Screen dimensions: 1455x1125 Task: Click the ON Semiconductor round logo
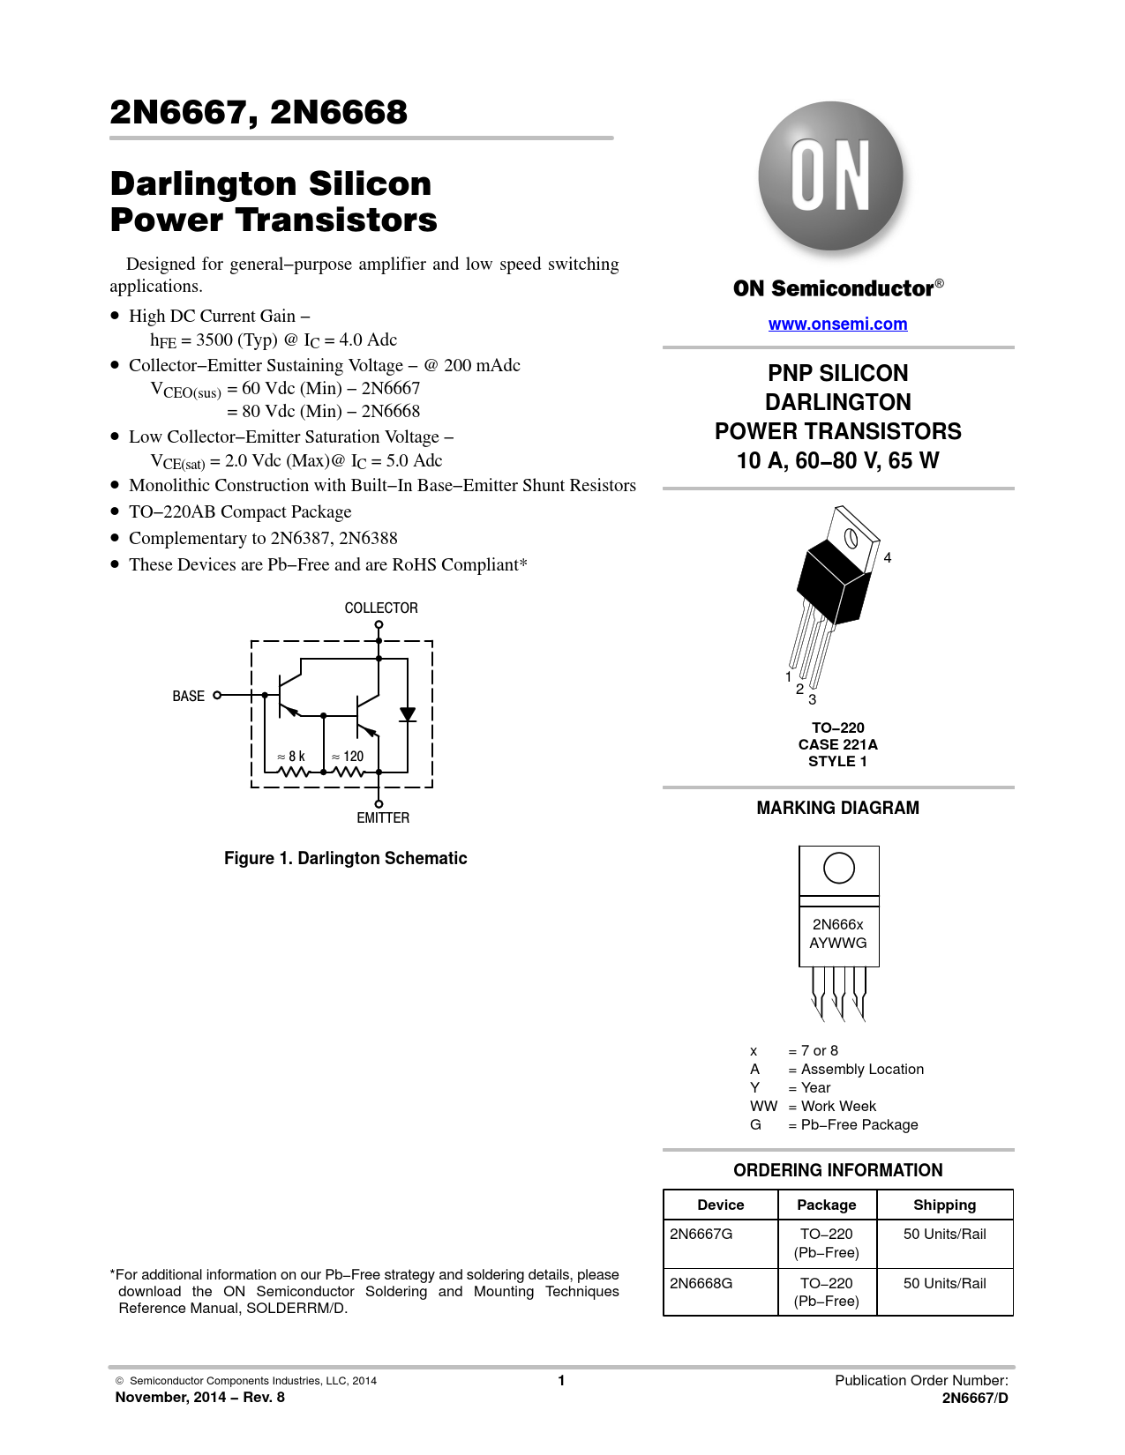[x=830, y=176]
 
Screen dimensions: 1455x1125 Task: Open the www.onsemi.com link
[x=837, y=324]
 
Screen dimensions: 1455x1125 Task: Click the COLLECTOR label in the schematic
[x=381, y=608]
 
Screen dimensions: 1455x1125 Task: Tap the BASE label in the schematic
[x=188, y=696]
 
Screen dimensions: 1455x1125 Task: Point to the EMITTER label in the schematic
[x=383, y=817]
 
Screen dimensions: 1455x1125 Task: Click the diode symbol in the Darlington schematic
[x=408, y=714]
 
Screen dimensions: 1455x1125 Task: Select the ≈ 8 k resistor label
[x=291, y=756]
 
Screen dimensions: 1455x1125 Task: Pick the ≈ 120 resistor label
[x=348, y=756]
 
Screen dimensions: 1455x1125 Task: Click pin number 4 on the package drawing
[x=888, y=557]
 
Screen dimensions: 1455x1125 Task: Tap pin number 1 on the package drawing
[x=789, y=676]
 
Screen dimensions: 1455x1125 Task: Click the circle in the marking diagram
[x=838, y=868]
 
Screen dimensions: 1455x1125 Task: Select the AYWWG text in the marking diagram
[x=838, y=943]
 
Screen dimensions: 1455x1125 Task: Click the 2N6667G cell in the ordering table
[x=701, y=1234]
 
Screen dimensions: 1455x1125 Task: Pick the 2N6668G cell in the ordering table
[x=701, y=1283]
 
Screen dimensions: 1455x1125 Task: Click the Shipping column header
[x=944, y=1205]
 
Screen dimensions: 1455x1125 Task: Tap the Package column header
[x=827, y=1205]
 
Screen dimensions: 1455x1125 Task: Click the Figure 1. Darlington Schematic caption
[x=346, y=858]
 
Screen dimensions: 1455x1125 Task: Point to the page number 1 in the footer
[x=561, y=1380]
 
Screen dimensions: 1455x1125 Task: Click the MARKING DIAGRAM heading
[x=837, y=808]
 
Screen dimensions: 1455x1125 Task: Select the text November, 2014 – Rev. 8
[x=200, y=1397]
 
